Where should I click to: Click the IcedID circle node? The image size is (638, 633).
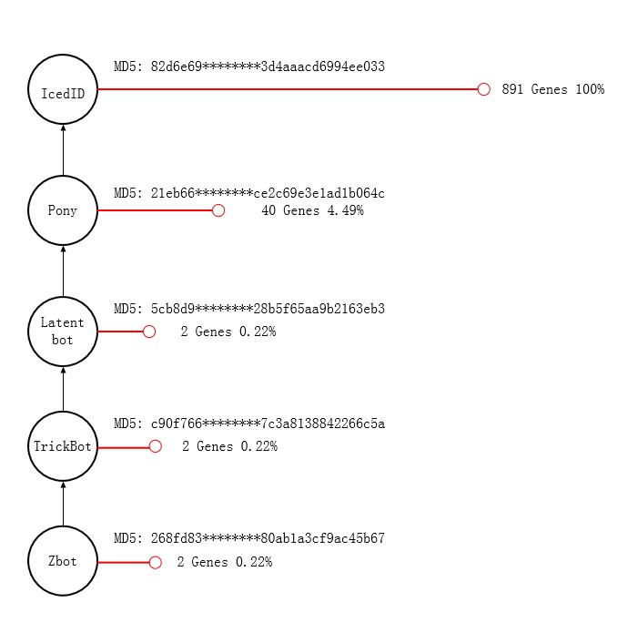pos(63,90)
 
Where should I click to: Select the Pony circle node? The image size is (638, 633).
pos(63,210)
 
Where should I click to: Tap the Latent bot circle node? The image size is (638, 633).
pos(63,331)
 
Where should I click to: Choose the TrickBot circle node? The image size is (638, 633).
pos(63,446)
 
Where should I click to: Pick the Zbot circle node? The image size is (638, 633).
pos(63,562)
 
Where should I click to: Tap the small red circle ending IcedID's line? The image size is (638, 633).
pos(484,89)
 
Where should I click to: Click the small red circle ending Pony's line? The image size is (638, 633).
pos(218,210)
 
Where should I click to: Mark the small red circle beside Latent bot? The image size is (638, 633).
pos(149,332)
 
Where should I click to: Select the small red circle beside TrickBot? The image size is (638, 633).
pos(156,446)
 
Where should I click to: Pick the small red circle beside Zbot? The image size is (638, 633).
pos(156,562)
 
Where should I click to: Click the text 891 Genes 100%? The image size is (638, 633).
pos(552,89)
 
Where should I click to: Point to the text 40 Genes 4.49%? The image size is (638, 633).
pos(312,210)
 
